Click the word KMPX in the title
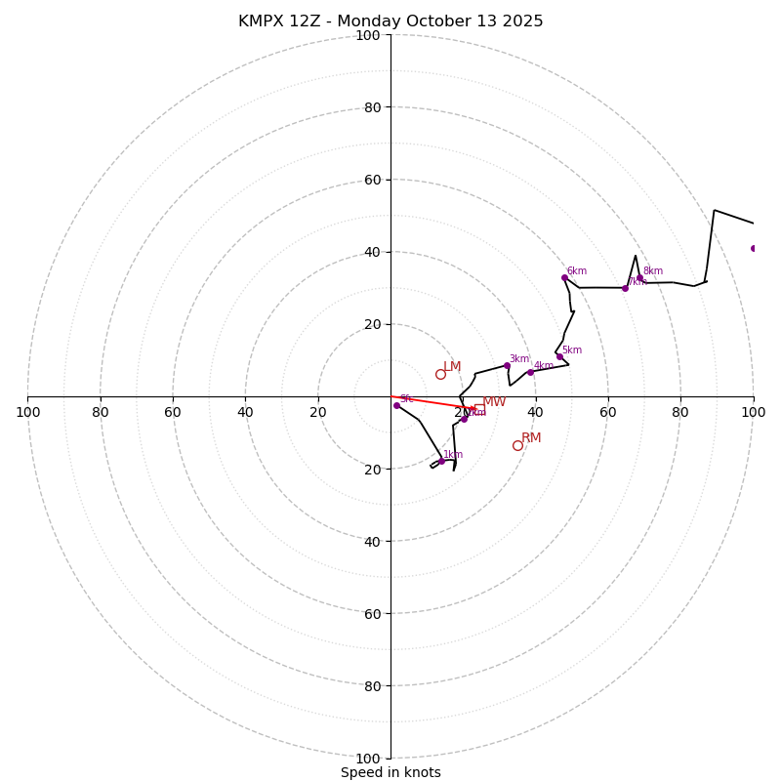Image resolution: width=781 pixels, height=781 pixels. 260,21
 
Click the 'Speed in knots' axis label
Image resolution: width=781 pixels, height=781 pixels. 390,772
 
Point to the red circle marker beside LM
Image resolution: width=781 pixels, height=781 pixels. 440,374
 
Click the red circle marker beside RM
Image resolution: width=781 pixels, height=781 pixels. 517,445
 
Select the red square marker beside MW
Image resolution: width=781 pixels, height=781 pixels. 479,409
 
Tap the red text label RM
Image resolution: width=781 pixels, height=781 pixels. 531,438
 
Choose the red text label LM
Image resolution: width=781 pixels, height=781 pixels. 452,367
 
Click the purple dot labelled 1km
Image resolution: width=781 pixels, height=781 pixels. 441,461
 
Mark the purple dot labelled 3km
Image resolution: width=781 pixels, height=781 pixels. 507,365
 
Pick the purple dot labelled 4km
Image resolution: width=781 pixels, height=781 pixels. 530,372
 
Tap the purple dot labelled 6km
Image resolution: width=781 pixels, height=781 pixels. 564,277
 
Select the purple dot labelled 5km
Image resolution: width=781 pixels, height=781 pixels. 559,356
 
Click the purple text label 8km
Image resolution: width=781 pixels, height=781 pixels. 652,271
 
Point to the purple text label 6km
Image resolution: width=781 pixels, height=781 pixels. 577,271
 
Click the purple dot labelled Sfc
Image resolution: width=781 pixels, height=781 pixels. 396,405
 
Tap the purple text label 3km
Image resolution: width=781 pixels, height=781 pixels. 519,359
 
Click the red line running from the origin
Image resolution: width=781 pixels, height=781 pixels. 430,402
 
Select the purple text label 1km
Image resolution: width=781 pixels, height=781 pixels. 453,455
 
